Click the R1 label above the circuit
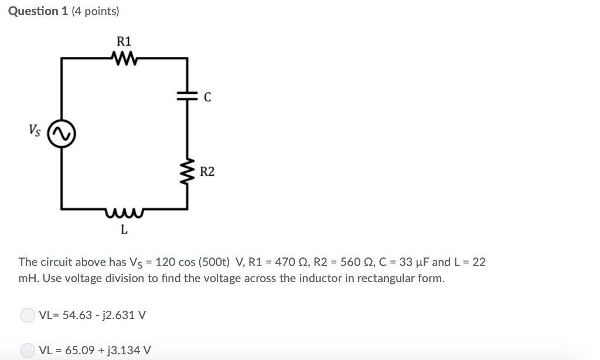click(124, 41)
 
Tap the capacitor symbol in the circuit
click(187, 97)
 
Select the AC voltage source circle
click(62, 136)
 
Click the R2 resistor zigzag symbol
click(187, 171)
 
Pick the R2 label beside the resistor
click(207, 172)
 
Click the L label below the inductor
click(124, 229)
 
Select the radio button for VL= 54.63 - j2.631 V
click(28, 315)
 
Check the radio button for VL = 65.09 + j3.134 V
click(28, 351)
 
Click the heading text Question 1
click(39, 11)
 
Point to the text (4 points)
click(95, 11)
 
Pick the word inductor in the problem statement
click(318, 278)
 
